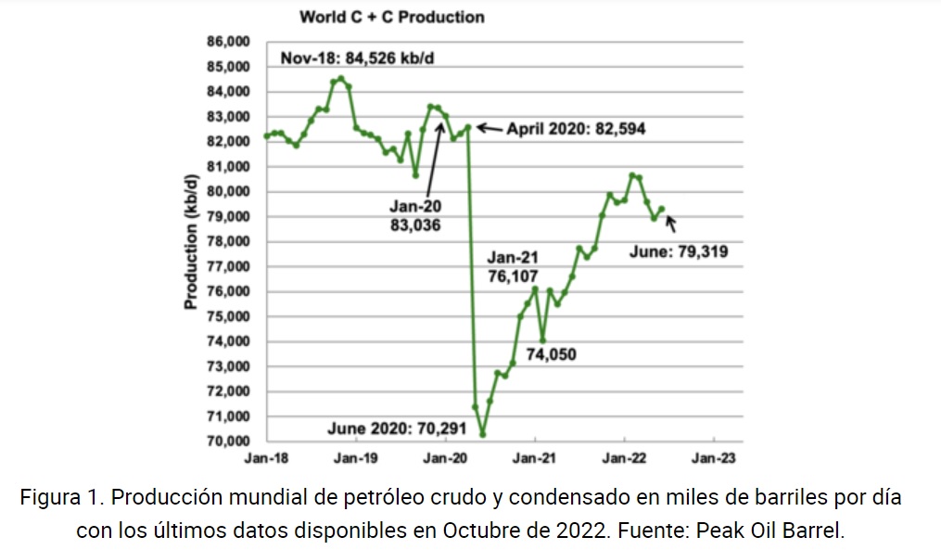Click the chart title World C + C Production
pos(390,17)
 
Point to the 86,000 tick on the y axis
pos(226,42)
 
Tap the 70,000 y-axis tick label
pos(226,441)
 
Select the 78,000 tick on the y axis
pos(226,242)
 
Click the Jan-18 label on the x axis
pos(265,457)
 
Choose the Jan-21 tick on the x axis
pos(535,457)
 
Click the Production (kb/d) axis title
pos(190,242)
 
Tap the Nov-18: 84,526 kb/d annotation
pos(358,58)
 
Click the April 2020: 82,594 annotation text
pos(576,129)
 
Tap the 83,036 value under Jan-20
pos(414,224)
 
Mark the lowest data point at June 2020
pos(483,434)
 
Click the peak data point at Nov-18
pos(341,79)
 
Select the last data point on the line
pos(662,209)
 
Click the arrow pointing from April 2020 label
pos(489,128)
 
